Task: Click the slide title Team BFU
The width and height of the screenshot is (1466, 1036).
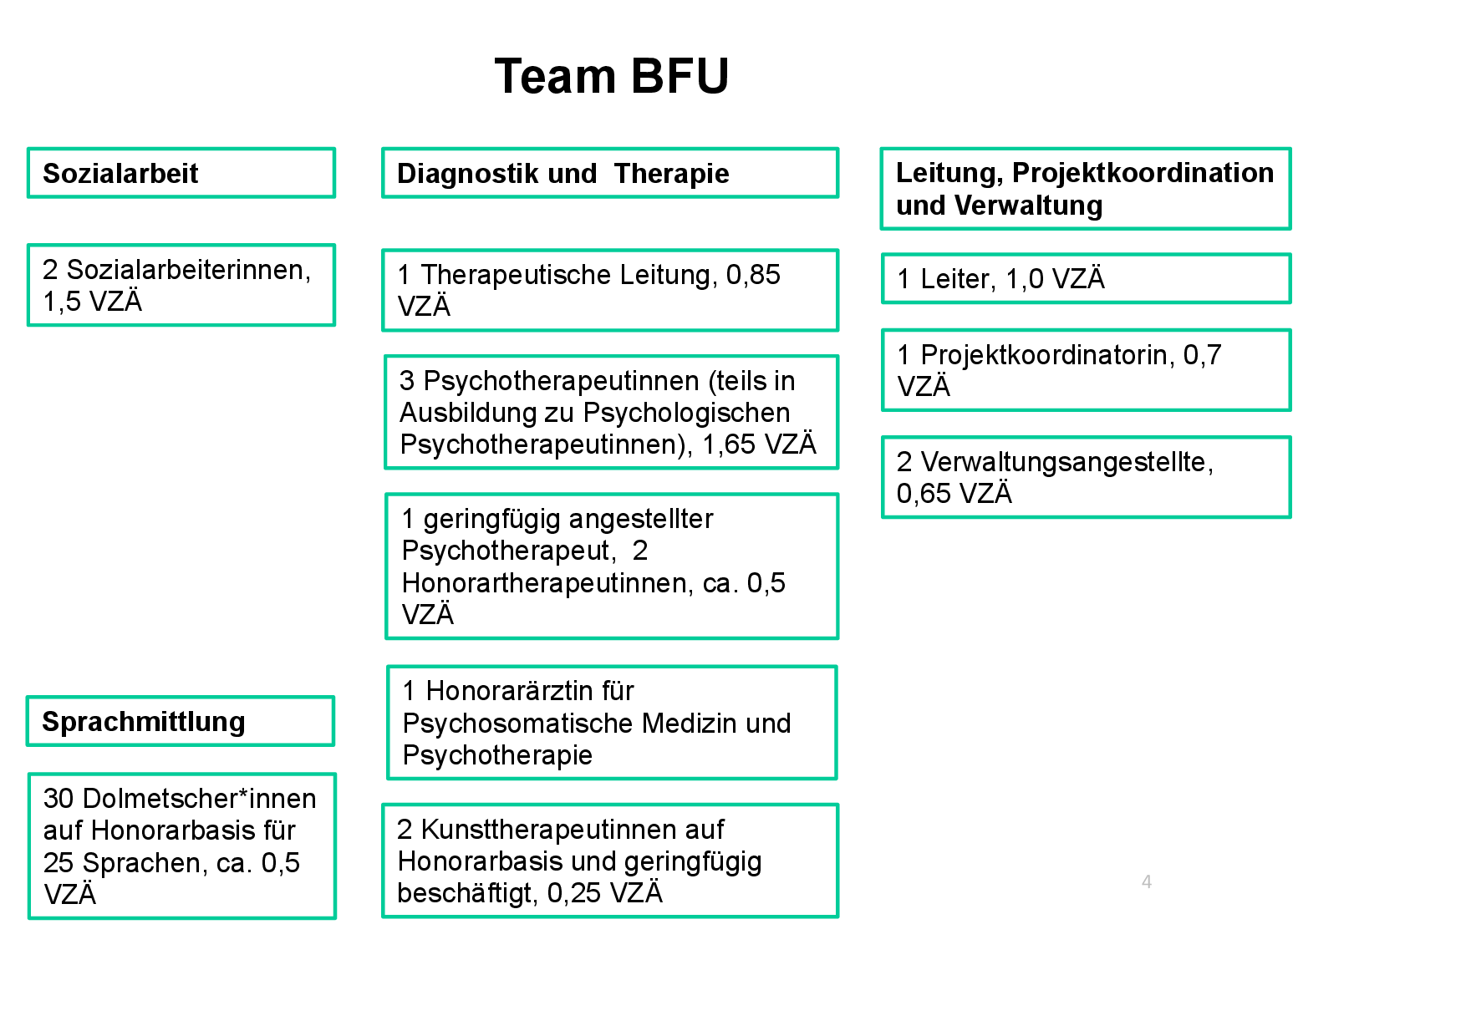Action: tap(612, 76)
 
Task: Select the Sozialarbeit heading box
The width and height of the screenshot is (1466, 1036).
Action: tap(181, 174)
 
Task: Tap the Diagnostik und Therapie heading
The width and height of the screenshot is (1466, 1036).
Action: tap(562, 174)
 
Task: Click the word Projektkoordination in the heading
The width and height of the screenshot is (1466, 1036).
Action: tap(1143, 173)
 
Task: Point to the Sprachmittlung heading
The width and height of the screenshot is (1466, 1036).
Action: tap(143, 722)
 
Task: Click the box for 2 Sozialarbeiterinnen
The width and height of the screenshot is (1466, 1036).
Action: tap(181, 285)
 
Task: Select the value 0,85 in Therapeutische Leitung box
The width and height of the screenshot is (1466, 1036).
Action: tap(752, 275)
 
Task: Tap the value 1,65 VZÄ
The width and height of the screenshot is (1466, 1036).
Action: tap(758, 444)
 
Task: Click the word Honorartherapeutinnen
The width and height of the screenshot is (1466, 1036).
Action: tap(547, 583)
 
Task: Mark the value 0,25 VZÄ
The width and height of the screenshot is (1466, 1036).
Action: tap(604, 893)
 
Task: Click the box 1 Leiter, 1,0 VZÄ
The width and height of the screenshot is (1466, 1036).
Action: tap(1085, 279)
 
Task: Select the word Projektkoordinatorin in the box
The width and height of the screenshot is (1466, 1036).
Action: tap(1046, 355)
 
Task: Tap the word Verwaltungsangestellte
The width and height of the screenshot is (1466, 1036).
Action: tap(1066, 462)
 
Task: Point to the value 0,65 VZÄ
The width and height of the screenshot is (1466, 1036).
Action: tap(954, 494)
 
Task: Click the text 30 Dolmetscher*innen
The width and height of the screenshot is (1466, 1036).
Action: tap(180, 799)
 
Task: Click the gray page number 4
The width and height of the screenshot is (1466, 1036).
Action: tap(1146, 882)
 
